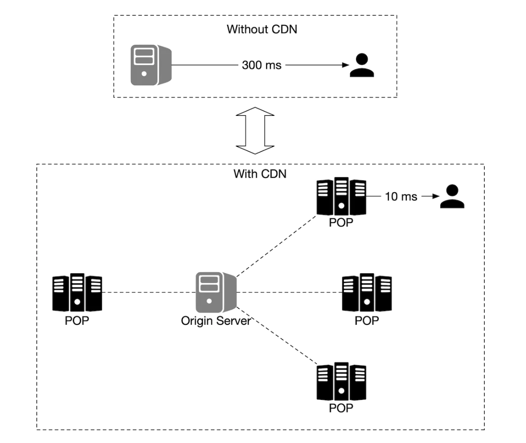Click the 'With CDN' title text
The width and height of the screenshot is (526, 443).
pyautogui.click(x=259, y=174)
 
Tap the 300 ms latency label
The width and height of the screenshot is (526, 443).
pyautogui.click(x=262, y=65)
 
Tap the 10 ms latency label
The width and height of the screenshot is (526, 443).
pyautogui.click(x=401, y=197)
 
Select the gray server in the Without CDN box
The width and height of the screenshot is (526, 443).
pyautogui.click(x=150, y=65)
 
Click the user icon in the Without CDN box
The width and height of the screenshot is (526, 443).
pyautogui.click(x=362, y=66)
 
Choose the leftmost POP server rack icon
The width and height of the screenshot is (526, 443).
pyautogui.click(x=77, y=292)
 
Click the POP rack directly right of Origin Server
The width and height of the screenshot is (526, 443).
pyautogui.click(x=367, y=292)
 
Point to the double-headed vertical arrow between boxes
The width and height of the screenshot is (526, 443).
pyautogui.click(x=254, y=129)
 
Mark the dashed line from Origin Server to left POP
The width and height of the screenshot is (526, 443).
pyautogui.click(x=148, y=292)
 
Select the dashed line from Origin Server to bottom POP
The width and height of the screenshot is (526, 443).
pyautogui.click(x=276, y=335)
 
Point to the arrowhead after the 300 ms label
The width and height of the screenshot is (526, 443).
pyautogui.click(x=346, y=65)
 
